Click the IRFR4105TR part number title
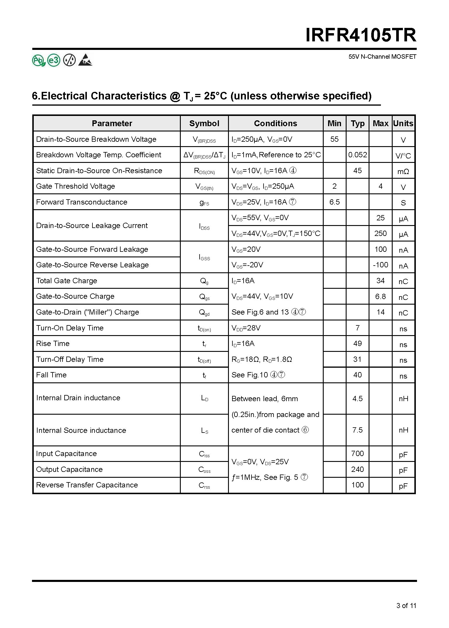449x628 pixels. [x=361, y=36]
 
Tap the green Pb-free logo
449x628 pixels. [x=38, y=60]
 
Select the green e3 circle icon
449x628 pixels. [x=54, y=60]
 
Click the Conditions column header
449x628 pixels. [x=275, y=123]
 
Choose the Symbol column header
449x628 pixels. [x=204, y=123]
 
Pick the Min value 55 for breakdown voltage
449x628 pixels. [x=334, y=139]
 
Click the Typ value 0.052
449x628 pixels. [x=357, y=155]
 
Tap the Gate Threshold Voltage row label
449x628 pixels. [x=75, y=186]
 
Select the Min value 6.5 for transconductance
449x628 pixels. [x=334, y=202]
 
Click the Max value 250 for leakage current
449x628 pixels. [x=380, y=233]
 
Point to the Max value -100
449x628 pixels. [x=380, y=265]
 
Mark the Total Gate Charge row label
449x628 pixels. [x=66, y=281]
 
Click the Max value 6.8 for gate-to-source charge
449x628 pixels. [x=380, y=296]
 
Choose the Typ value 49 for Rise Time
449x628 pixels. [x=357, y=343]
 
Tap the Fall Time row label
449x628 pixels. [x=51, y=375]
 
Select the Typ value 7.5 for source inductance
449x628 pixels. [x=357, y=430]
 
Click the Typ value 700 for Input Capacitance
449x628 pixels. [x=357, y=453]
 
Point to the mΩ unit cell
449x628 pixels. [x=403, y=172]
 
